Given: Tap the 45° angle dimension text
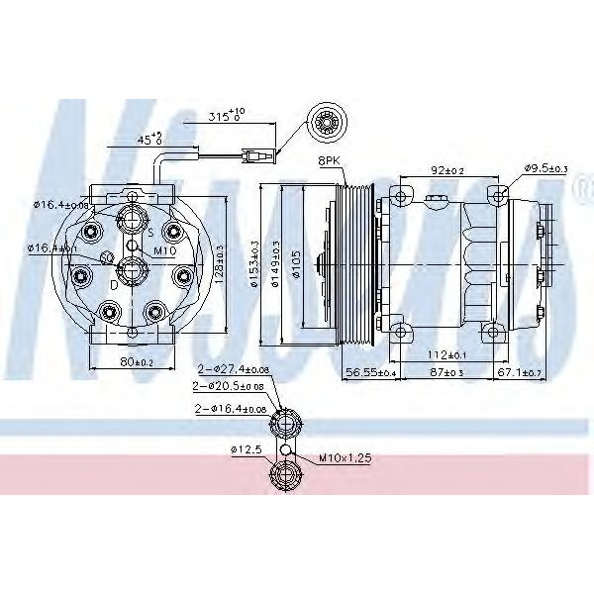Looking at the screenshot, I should tap(149, 139).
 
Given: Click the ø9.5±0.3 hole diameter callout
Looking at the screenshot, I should tap(544, 169).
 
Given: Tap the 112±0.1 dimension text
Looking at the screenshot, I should tap(450, 354).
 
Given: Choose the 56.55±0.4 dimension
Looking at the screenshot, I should tap(370, 371).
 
